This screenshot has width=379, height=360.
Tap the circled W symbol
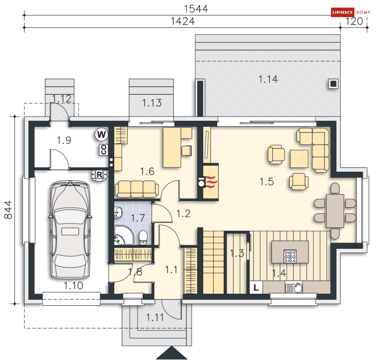point(101,134)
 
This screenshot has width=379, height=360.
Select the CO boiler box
point(104,150)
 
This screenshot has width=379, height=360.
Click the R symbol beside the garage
point(99,175)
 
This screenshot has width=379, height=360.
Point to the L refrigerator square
point(256,287)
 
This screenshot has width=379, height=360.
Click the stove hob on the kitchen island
point(290,256)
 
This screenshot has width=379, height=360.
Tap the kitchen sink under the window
point(294,288)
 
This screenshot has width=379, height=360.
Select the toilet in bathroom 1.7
point(143,238)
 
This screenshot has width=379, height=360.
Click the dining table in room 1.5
point(335,211)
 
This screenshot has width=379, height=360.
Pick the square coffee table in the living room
point(299,159)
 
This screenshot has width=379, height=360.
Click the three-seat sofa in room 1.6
point(137,189)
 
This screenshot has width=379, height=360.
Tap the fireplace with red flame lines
point(211,182)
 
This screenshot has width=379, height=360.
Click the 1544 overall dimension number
point(196,9)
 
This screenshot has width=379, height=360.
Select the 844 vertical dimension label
point(8,210)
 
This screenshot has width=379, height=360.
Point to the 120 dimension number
point(354,21)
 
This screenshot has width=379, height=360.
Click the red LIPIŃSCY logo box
point(343,12)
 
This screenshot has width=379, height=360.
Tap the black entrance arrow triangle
point(172,353)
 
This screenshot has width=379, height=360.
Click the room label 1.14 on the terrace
point(268,79)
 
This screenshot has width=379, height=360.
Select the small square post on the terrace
point(333,84)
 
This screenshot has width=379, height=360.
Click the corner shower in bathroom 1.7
point(123,235)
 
